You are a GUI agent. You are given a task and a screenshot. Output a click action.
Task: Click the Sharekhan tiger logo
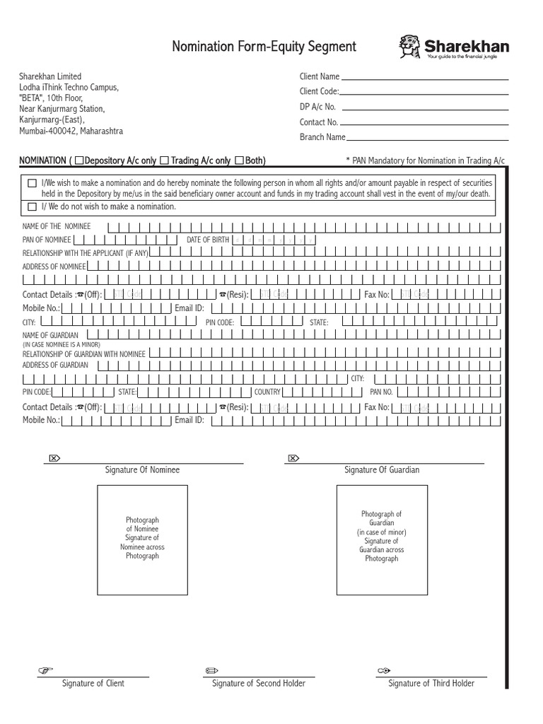pyautogui.click(x=411, y=47)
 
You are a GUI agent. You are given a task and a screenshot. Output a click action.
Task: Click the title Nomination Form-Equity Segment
pyautogui.click(x=264, y=47)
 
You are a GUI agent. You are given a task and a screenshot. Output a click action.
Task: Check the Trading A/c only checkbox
pyautogui.click(x=164, y=160)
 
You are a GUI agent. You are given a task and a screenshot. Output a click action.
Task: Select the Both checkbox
pyautogui.click(x=239, y=160)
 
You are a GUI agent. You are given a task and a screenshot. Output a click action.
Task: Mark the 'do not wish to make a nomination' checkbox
pyautogui.click(x=32, y=207)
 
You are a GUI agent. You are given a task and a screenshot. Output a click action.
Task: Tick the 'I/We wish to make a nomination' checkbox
pyautogui.click(x=32, y=183)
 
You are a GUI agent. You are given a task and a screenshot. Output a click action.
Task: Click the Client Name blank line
pyautogui.click(x=424, y=78)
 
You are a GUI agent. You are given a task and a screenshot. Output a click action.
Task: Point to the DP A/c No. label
pyautogui.click(x=317, y=107)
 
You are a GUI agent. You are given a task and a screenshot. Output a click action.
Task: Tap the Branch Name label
pyautogui.click(x=322, y=137)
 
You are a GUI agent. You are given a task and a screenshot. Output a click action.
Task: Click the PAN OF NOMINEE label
pyautogui.click(x=48, y=240)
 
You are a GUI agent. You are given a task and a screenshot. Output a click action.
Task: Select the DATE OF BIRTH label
pyautogui.click(x=208, y=240)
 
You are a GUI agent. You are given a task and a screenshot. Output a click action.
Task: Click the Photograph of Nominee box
pyautogui.click(x=142, y=540)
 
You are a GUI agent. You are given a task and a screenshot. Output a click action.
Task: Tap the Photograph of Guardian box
pyautogui.click(x=382, y=540)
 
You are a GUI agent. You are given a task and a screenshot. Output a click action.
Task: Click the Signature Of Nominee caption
pyautogui.click(x=142, y=470)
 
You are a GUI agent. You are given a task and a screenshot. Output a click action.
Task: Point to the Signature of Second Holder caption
pyautogui.click(x=259, y=683)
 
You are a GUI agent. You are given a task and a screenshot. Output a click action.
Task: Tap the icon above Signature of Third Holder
pyautogui.click(x=384, y=670)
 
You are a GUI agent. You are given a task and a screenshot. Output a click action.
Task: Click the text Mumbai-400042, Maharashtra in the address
pyautogui.click(x=71, y=132)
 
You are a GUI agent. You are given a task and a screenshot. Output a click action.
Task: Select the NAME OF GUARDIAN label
pyautogui.click(x=51, y=334)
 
